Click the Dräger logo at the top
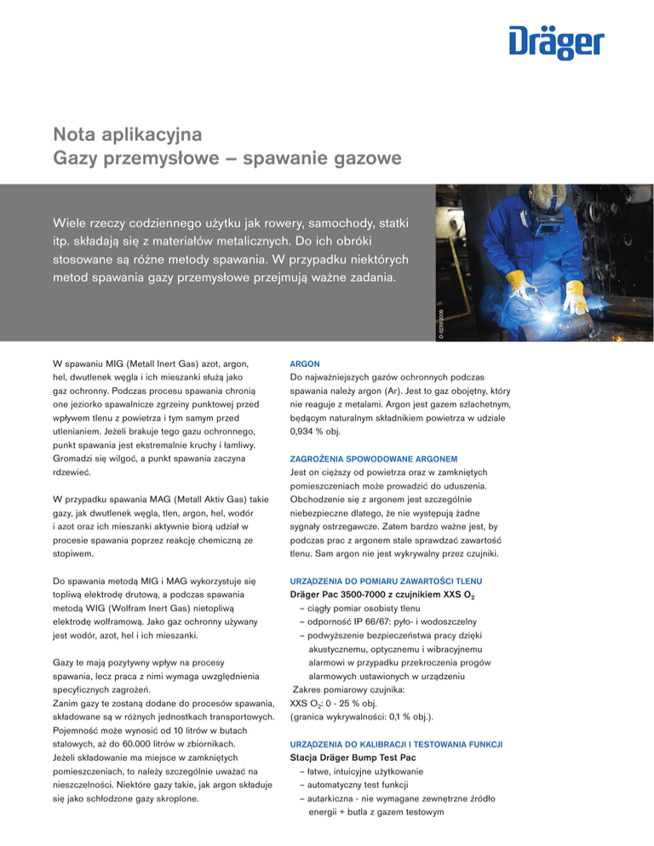tap(557, 41)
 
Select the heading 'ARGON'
tap(305, 363)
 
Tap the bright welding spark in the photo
tap(519, 300)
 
